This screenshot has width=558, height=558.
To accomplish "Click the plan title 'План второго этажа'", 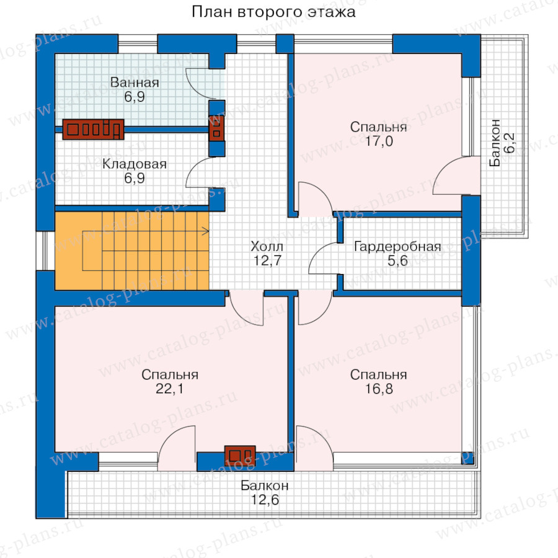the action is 273,12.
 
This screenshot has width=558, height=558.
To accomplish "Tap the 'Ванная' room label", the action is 135,82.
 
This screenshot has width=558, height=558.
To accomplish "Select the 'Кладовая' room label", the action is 135,164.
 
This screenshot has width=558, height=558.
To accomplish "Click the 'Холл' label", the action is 267,246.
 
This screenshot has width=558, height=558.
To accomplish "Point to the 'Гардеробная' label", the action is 397,247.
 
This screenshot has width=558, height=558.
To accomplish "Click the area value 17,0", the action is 379,141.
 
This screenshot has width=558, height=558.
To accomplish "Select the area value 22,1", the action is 170,389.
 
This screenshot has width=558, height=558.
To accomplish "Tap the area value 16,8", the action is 379,389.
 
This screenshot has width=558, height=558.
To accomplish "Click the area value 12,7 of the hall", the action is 267,260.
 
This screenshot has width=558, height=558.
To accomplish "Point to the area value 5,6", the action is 397,261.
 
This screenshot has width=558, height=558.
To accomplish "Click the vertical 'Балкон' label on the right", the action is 495,143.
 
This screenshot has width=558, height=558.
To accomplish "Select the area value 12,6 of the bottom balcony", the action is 265,500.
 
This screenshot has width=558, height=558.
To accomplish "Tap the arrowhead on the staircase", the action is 206,231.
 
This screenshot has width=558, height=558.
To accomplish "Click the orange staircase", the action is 131,251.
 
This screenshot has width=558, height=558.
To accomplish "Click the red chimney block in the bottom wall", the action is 240,456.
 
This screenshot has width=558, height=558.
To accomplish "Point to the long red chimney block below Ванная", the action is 93,129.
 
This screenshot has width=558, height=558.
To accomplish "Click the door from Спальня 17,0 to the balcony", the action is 456,175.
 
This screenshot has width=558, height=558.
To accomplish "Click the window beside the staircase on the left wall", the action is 45,251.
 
